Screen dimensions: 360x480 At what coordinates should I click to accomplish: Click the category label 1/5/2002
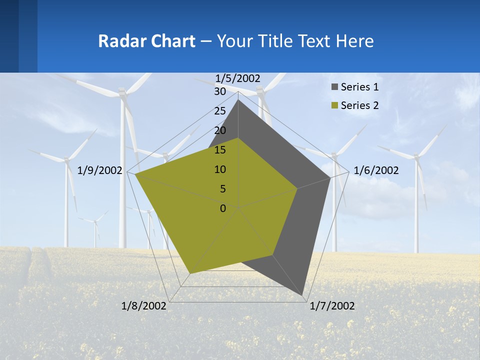[x=238, y=78]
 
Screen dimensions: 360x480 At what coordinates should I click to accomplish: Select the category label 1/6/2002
[x=376, y=170]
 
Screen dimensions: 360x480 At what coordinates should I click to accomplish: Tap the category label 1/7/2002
[x=332, y=306]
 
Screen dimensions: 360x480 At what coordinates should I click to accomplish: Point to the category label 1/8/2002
[x=143, y=306]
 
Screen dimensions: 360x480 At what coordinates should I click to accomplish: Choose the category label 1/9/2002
[x=100, y=170]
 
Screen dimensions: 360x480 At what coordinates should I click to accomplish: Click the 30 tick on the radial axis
[x=220, y=91]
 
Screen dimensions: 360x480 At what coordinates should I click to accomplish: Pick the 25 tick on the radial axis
[x=220, y=111]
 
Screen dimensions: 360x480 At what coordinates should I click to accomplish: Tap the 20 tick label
[x=220, y=130]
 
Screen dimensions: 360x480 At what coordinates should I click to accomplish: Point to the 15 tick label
[x=220, y=150]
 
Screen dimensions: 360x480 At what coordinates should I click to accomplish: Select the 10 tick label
[x=220, y=169]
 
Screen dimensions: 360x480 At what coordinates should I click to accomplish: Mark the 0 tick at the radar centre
[x=223, y=208]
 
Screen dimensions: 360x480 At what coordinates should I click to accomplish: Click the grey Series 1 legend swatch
[x=335, y=87]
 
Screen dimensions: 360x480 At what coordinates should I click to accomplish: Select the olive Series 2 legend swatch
[x=335, y=105]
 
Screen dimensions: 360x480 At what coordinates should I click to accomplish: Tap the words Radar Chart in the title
[x=146, y=41]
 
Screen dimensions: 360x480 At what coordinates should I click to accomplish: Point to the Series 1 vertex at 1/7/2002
[x=302, y=295]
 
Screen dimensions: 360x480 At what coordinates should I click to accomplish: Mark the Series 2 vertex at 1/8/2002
[x=190, y=273]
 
